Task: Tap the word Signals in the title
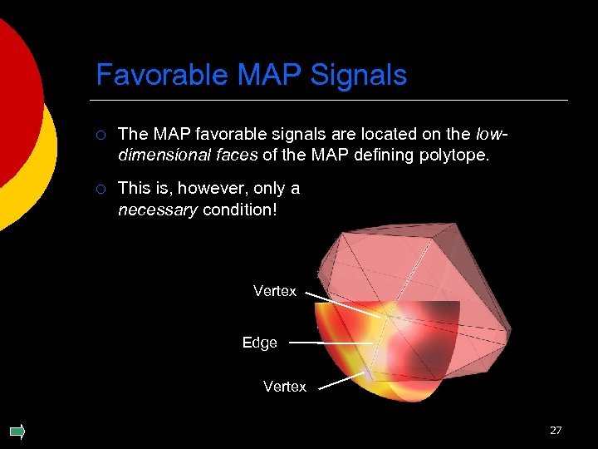point(359,75)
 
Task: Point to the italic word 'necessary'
point(158,210)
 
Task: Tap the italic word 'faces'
point(235,155)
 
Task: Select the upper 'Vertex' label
point(275,291)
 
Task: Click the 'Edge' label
point(260,343)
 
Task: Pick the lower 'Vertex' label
point(285,387)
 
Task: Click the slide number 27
point(556,430)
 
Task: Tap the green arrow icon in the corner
point(17,431)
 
